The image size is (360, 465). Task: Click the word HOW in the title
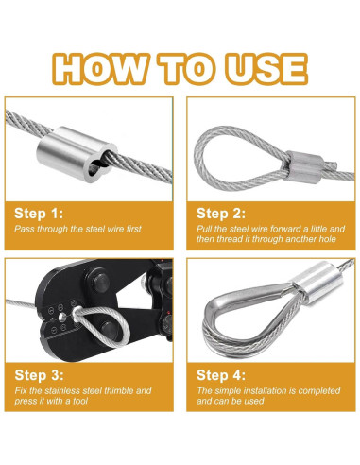click(100, 69)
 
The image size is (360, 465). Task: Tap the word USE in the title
click(266, 69)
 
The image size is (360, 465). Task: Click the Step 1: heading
click(39, 214)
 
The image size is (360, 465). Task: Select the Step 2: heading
click(221, 214)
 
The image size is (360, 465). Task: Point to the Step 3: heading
click(39, 375)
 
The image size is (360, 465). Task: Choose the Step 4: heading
click(221, 375)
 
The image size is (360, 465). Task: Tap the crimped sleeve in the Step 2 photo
click(305, 166)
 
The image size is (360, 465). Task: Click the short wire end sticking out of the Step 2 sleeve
click(330, 164)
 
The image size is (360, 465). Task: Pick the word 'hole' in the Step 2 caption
click(328, 239)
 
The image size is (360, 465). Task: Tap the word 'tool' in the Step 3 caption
click(80, 401)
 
